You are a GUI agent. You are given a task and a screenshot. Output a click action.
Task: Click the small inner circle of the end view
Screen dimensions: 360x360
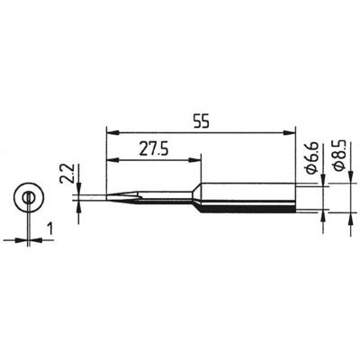click(29, 197)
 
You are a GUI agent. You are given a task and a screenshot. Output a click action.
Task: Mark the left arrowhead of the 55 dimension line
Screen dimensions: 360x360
click(112, 131)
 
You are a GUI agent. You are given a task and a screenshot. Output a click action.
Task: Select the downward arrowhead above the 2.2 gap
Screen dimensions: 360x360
click(80, 188)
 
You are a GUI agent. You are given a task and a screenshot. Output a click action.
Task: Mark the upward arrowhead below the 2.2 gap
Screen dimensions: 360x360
click(80, 206)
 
